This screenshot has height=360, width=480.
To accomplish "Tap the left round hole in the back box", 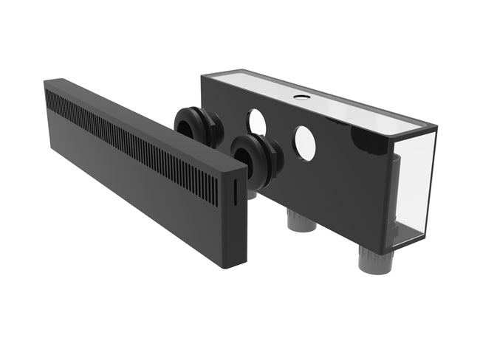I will coord(256,122).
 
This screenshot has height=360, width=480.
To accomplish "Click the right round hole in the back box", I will coord(304,143).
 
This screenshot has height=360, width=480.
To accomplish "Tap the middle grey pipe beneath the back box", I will coord(301,220).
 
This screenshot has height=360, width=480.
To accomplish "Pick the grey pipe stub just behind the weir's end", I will coord(251,194).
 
